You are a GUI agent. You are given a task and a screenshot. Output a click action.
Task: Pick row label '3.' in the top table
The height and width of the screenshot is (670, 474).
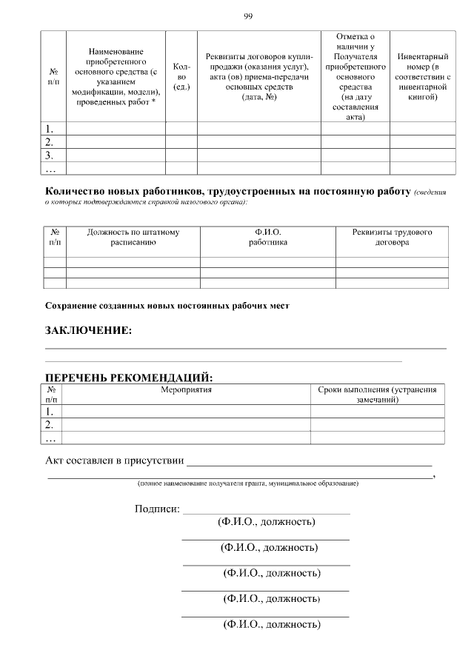50,155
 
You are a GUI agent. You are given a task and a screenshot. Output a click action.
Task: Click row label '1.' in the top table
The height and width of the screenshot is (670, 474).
50,129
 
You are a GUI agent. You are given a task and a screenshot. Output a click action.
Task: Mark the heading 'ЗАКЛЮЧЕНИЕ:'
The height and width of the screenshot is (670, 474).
89,330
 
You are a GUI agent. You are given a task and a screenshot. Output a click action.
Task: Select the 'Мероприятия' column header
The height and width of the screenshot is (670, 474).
186,390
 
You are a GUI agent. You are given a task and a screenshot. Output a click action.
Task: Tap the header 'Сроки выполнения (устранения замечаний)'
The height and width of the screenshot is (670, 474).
377,395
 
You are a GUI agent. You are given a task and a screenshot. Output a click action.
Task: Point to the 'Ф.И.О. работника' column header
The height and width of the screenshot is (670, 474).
267,237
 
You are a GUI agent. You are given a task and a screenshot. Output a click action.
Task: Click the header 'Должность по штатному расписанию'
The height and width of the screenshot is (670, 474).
133,237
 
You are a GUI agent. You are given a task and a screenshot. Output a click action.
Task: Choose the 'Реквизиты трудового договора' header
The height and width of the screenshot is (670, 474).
392,237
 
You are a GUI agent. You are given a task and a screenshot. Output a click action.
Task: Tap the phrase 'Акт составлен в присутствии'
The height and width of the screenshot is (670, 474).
115,460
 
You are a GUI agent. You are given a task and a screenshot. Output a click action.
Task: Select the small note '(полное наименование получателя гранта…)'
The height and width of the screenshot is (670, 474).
247,483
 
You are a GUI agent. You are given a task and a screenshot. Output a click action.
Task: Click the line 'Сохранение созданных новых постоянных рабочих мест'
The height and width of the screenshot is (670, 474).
167,305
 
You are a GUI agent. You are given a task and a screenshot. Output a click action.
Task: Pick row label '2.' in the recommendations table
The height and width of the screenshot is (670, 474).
50,424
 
